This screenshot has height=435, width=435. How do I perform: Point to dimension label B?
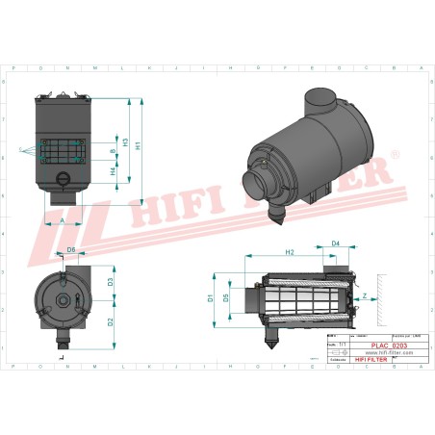114,151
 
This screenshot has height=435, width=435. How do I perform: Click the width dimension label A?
64,220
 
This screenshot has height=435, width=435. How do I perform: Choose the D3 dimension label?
112,282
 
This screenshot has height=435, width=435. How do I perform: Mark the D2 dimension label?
112,320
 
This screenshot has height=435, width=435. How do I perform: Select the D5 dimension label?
226,298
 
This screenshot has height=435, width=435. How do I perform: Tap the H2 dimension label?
290,251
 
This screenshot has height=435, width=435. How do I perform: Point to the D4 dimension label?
337,243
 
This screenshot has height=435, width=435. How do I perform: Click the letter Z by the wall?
365,296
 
